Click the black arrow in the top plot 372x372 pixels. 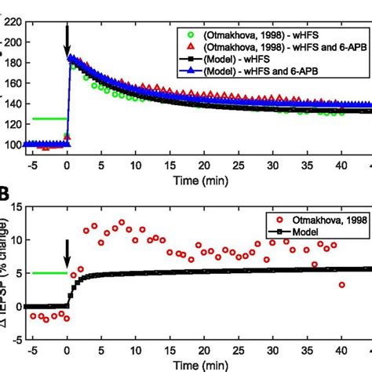[x=67, y=40]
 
